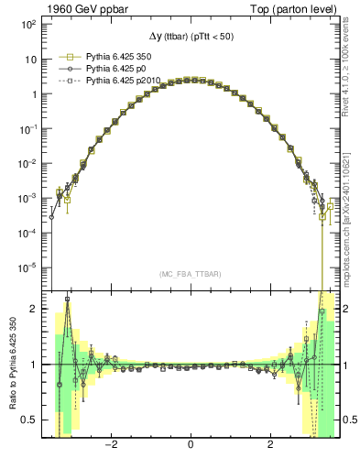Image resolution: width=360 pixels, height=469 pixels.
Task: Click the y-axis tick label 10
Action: click(x=29, y=60)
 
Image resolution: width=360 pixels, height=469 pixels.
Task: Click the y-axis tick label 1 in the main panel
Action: click(x=32, y=94)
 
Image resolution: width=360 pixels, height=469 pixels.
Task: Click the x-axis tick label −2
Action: click(x=111, y=446)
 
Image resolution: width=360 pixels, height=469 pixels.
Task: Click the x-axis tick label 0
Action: click(x=190, y=446)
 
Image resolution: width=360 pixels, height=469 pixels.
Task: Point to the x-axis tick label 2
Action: click(x=269, y=446)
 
